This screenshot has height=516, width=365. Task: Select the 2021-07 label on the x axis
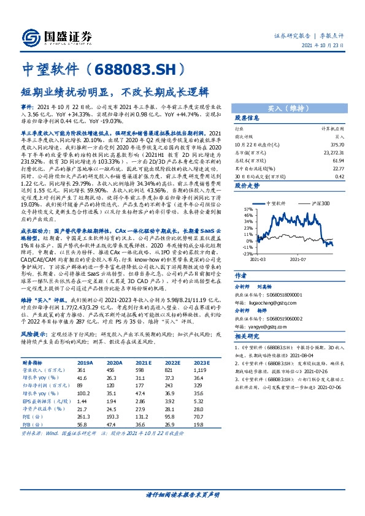(299, 258)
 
